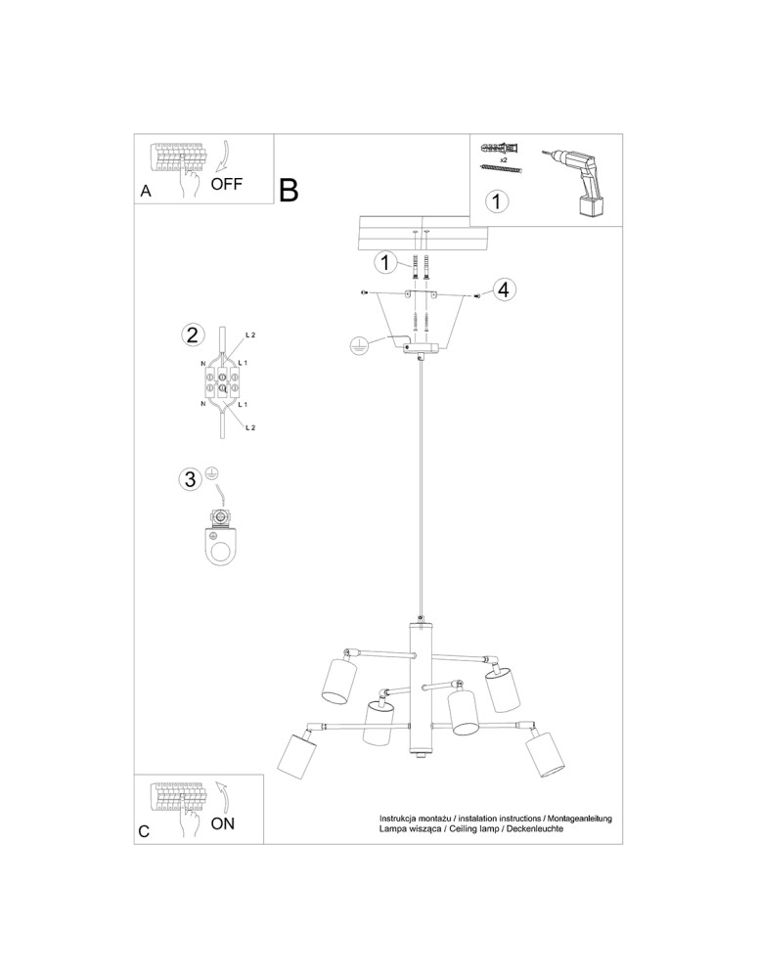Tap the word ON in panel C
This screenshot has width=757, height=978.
click(x=223, y=822)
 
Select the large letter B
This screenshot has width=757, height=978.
click(x=289, y=190)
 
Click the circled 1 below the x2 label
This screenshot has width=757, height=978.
click(x=497, y=201)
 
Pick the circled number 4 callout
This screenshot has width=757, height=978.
click(x=503, y=289)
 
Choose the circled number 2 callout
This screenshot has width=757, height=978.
click(x=193, y=335)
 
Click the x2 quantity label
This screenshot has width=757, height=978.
click(x=503, y=158)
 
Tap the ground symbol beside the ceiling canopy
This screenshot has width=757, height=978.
click(x=360, y=344)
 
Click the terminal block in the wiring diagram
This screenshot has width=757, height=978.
click(x=223, y=381)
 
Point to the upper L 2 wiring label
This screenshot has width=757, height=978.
click(x=249, y=335)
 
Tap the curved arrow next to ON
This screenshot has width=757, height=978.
click(x=224, y=796)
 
